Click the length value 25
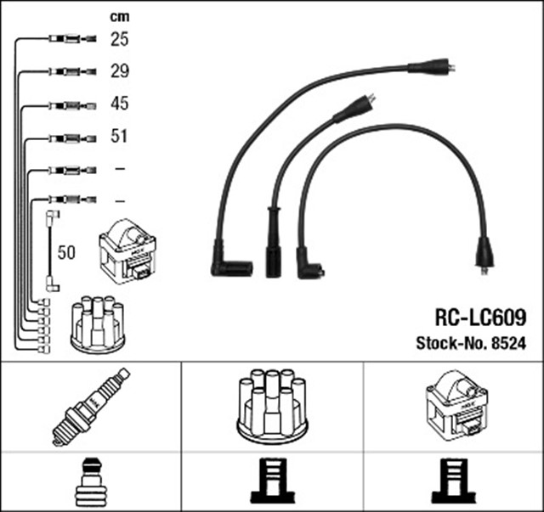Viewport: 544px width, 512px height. pyautogui.click(x=119, y=39)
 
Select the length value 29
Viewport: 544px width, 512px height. pyautogui.click(x=119, y=71)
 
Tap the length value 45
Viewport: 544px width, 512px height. pyautogui.click(x=119, y=104)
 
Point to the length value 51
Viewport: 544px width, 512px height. pyautogui.click(x=119, y=136)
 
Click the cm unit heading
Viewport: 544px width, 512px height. pyautogui.click(x=119, y=15)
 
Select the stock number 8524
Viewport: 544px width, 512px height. pyautogui.click(x=507, y=344)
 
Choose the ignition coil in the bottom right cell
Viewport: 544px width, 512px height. pyautogui.click(x=455, y=406)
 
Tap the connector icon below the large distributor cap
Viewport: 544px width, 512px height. pyautogui.click(x=272, y=481)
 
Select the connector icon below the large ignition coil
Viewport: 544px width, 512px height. pyautogui.click(x=454, y=481)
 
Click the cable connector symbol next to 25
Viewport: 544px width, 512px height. pyautogui.click(x=67, y=39)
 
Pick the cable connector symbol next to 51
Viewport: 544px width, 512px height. pyautogui.click(x=67, y=136)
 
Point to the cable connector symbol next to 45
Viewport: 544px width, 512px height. pyautogui.click(x=67, y=104)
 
